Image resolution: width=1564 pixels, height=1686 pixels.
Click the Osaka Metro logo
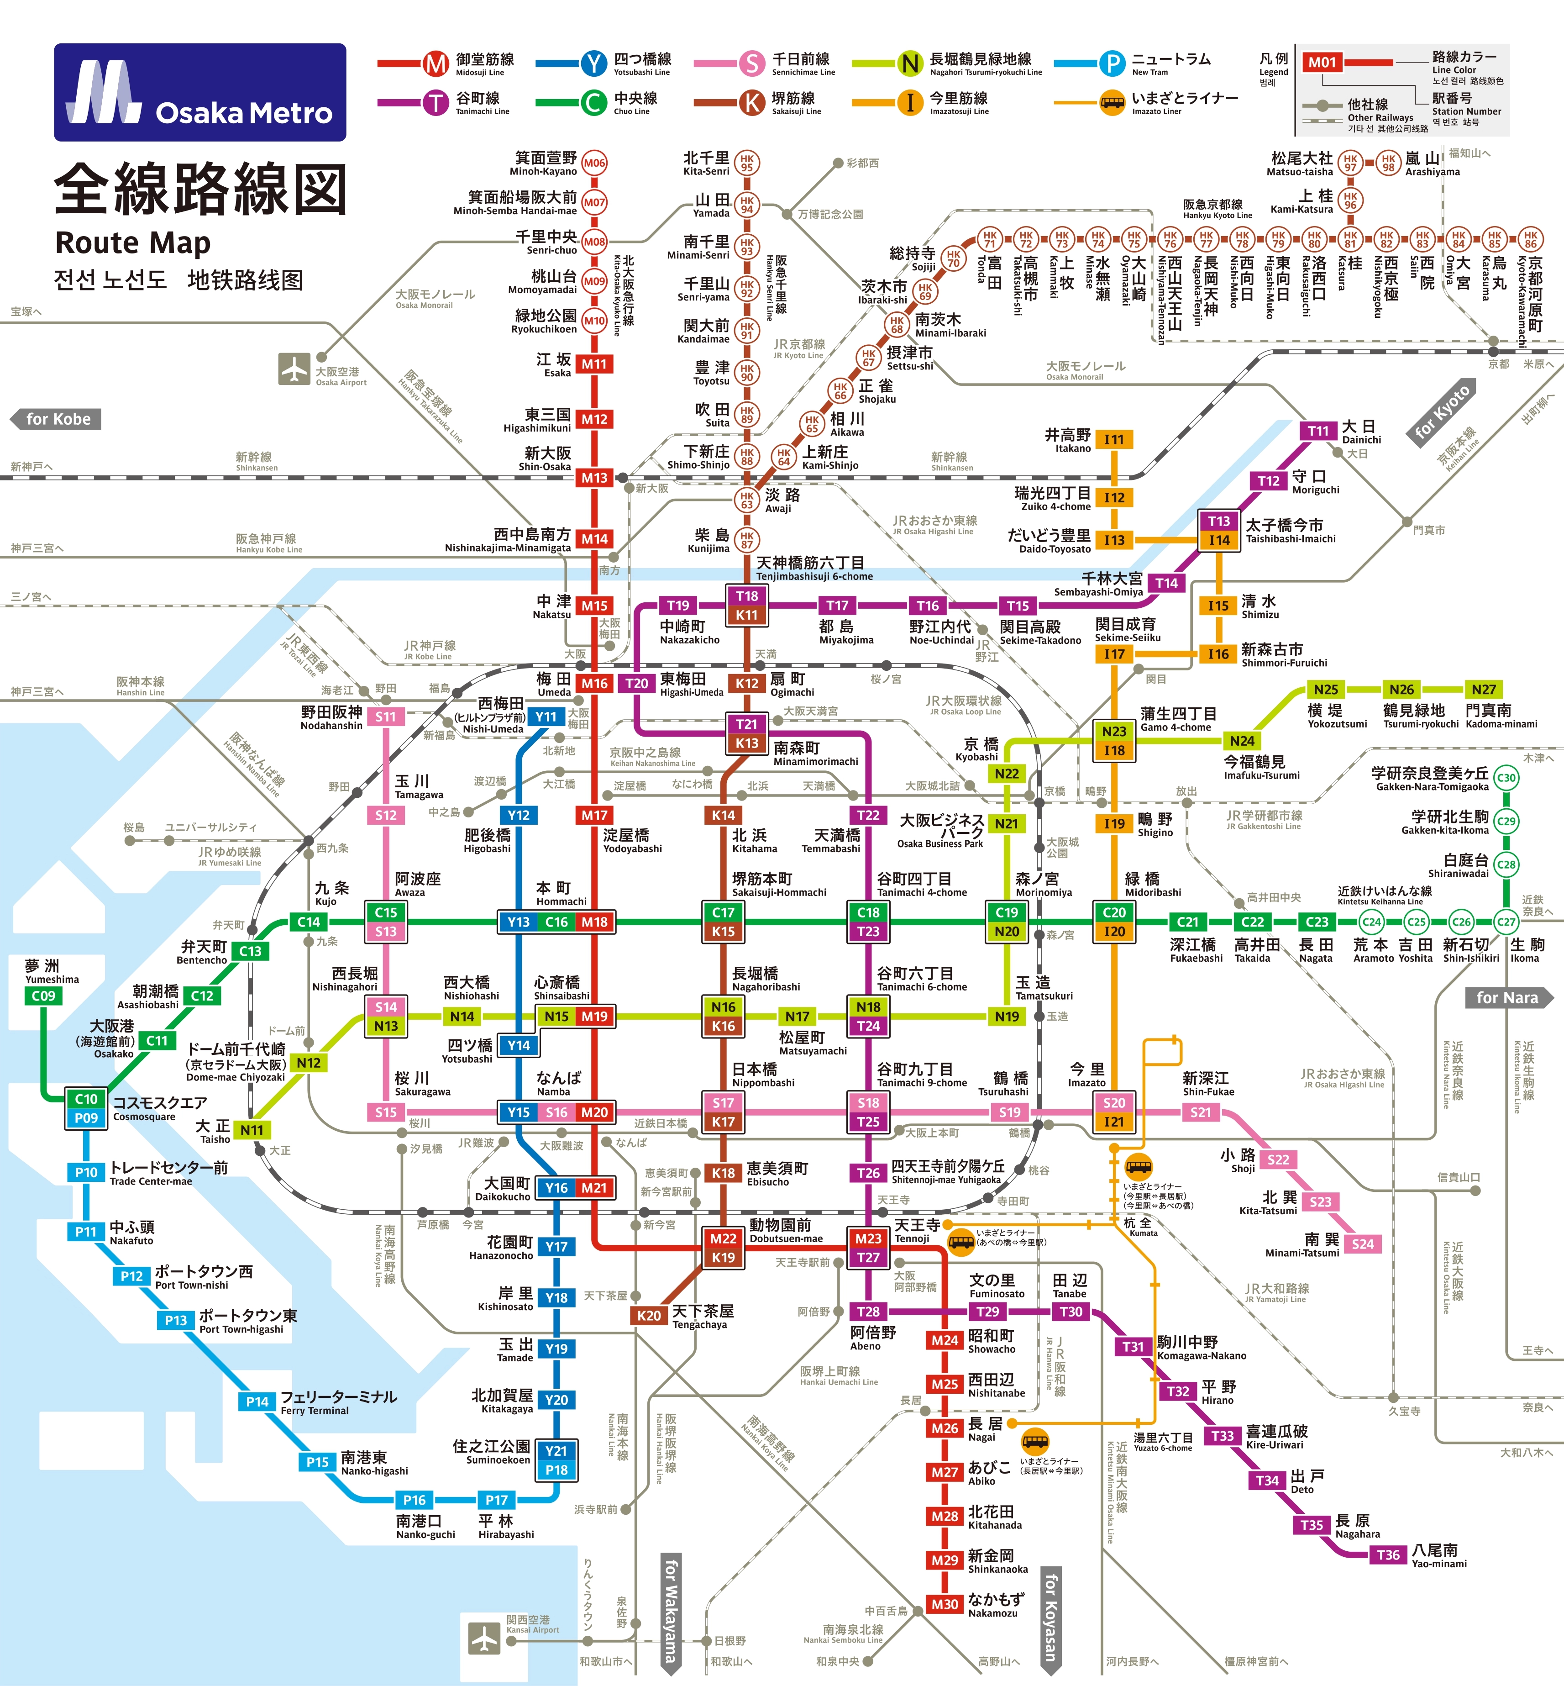tap(200, 92)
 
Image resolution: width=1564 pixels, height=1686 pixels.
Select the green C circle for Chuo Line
tap(593, 102)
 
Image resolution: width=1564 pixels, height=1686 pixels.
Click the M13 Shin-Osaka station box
tap(594, 477)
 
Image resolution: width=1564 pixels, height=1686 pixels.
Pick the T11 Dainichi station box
tap(1318, 431)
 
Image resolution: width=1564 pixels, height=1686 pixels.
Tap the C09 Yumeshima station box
tap(43, 996)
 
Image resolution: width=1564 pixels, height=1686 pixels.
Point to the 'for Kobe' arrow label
tap(56, 419)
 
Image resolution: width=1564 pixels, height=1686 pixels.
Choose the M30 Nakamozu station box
tap(945, 1604)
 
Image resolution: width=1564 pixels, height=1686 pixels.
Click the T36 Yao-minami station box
tap(1388, 1555)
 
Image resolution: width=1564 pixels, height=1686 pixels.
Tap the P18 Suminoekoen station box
tap(556, 1470)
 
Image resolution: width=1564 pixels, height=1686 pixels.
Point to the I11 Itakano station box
tap(1114, 439)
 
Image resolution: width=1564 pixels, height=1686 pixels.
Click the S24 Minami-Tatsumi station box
tap(1363, 1243)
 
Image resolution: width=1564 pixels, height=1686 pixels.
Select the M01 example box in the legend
tap(1322, 62)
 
